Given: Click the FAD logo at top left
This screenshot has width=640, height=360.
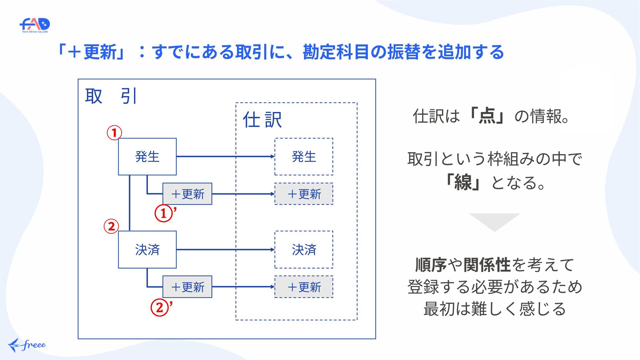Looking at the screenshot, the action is pyautogui.click(x=35, y=25).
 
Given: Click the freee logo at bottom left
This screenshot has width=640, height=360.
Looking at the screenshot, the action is pyautogui.click(x=27, y=345).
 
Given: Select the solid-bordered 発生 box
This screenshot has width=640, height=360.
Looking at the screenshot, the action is pyautogui.click(x=147, y=156).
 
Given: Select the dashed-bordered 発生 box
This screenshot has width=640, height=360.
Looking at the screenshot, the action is pyautogui.click(x=304, y=156).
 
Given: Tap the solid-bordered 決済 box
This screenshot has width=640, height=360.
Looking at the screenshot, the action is pyautogui.click(x=147, y=249).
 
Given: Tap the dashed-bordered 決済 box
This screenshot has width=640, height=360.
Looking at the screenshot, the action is pyautogui.click(x=304, y=249).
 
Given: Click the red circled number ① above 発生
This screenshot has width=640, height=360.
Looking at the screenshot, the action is pyautogui.click(x=114, y=133).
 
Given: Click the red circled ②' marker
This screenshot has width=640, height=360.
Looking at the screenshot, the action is pyautogui.click(x=162, y=307).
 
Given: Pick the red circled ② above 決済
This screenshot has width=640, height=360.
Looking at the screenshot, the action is pyautogui.click(x=111, y=226).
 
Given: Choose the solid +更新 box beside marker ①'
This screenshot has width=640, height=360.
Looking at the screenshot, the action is pyautogui.click(x=187, y=194).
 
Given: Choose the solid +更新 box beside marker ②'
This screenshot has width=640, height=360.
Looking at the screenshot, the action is pyautogui.click(x=187, y=287).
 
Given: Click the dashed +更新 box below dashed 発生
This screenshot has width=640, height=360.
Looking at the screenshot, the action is pyautogui.click(x=304, y=194).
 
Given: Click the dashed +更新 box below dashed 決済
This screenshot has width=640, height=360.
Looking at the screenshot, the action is pyautogui.click(x=304, y=287).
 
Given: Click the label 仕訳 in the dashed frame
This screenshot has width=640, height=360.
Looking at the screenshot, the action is pyautogui.click(x=262, y=120).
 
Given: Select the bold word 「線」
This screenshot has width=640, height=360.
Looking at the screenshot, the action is pyautogui.click(x=463, y=182).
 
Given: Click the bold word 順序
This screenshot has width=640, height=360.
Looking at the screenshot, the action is pyautogui.click(x=431, y=265).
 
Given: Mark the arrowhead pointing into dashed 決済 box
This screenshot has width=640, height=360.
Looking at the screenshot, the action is pyautogui.click(x=273, y=249).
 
